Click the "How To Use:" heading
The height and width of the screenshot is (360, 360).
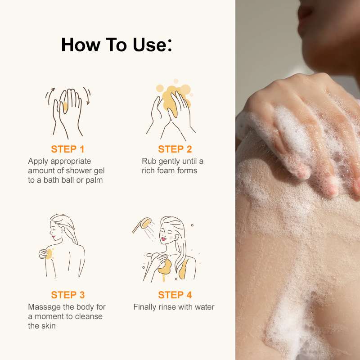[x=117, y=45]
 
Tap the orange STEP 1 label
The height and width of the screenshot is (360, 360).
[x=68, y=149]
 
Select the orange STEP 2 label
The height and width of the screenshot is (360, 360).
[x=175, y=149]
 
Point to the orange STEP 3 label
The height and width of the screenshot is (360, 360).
[x=68, y=295]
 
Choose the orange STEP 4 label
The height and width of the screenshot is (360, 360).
[x=175, y=295]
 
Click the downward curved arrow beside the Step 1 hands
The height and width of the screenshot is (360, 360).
[x=87, y=95]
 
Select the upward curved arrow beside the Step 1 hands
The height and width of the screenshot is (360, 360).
[x=49, y=95]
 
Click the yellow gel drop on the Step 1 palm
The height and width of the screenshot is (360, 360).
[x=65, y=107]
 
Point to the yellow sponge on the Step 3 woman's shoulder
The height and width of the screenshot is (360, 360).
[x=49, y=254]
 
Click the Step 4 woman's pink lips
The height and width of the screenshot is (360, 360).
[x=163, y=239]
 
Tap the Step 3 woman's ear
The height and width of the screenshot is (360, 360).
[x=62, y=229]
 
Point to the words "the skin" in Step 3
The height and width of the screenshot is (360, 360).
[x=42, y=326]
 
